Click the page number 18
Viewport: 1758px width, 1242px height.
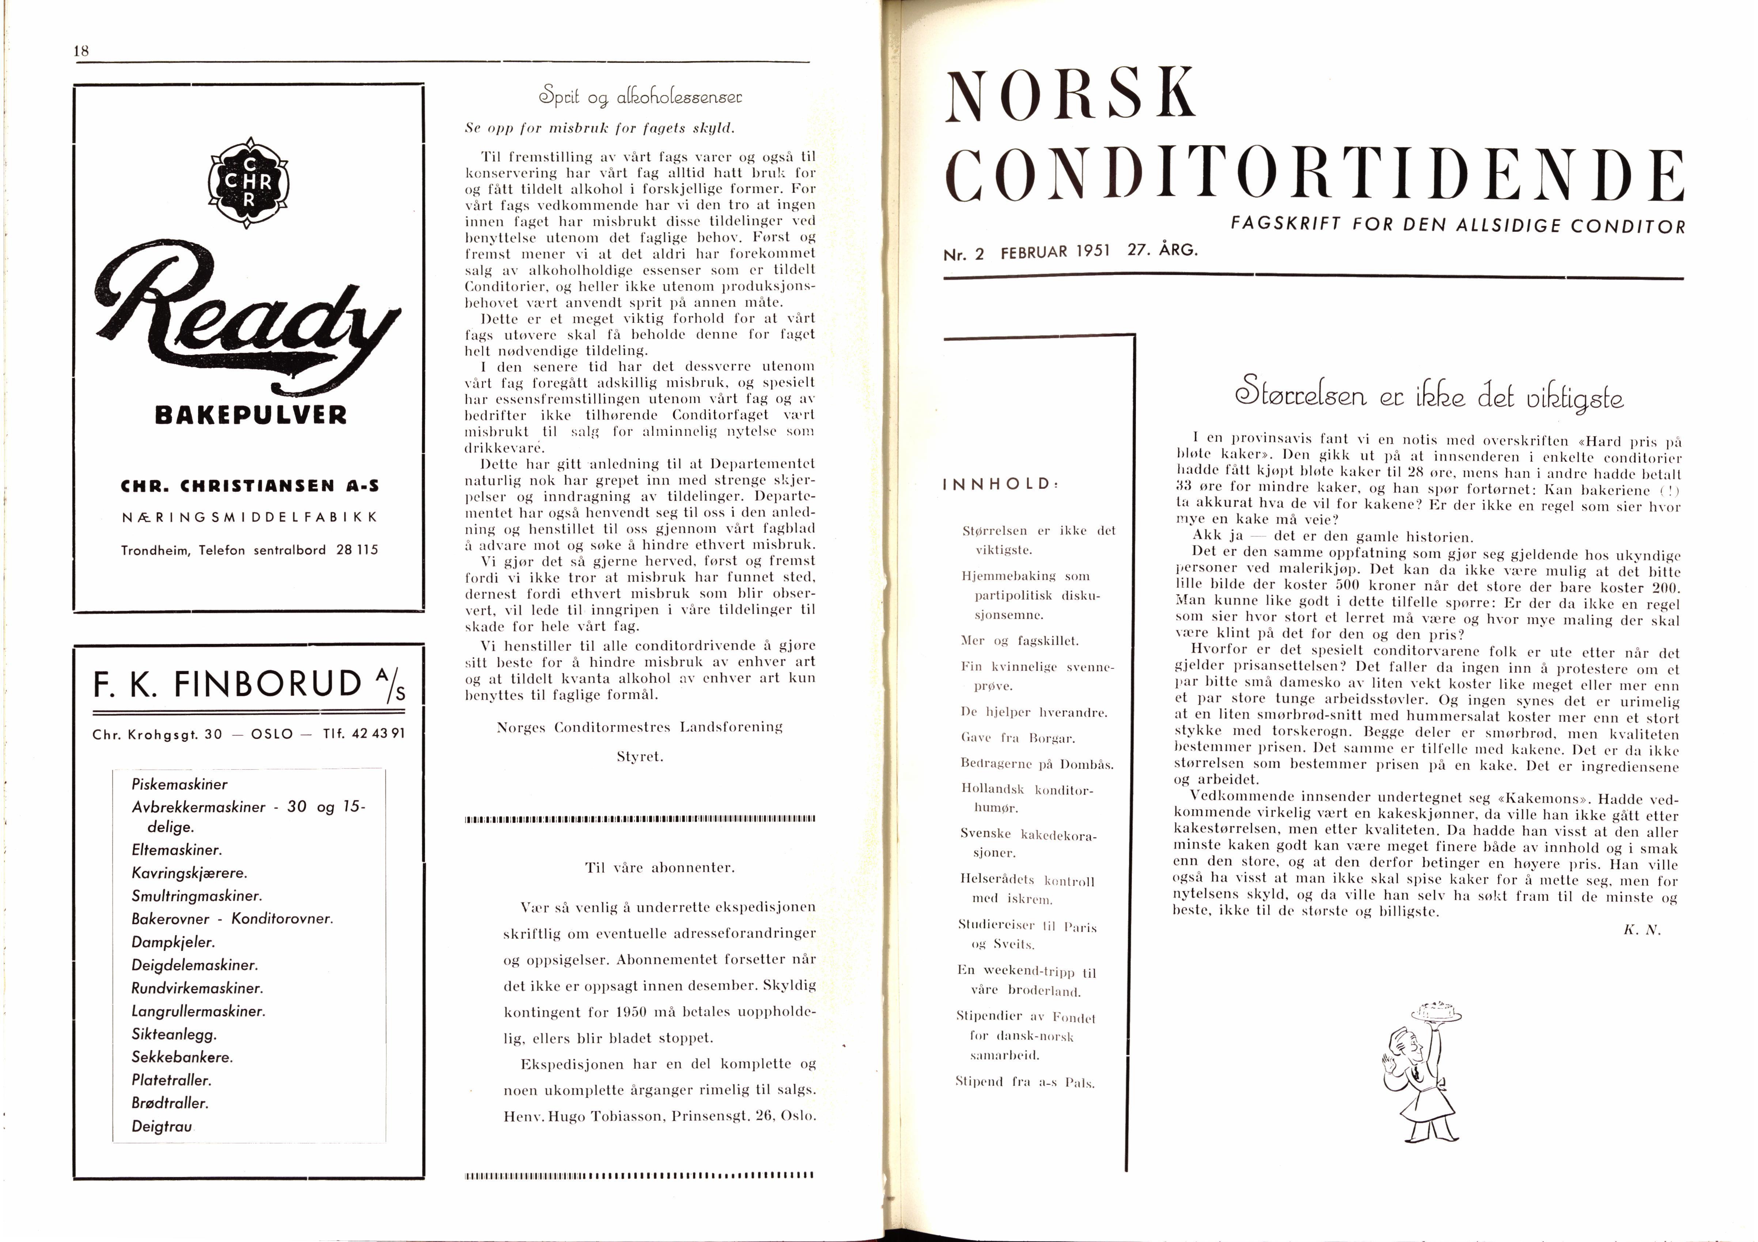(x=81, y=51)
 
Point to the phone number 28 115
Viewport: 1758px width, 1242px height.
(x=357, y=550)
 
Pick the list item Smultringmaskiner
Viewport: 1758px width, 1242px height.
(x=197, y=896)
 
